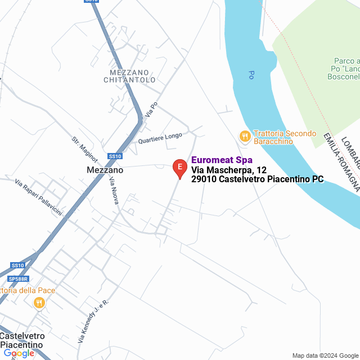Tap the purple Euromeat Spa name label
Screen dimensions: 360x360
[222, 160]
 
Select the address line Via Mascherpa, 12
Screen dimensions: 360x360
[229, 170]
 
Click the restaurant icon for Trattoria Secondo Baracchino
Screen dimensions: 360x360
[245, 136]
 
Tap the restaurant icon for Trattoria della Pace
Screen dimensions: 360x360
[39, 303]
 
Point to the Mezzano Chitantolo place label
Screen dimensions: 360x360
[129, 76]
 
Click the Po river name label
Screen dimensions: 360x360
[250, 74]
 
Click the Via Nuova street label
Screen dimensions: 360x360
[113, 190]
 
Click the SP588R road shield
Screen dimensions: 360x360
[18, 278]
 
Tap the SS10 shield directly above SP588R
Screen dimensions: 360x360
[17, 265]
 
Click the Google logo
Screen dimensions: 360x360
[19, 353]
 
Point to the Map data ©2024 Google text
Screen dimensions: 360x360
[325, 355]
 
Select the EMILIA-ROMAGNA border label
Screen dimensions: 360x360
[341, 163]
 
